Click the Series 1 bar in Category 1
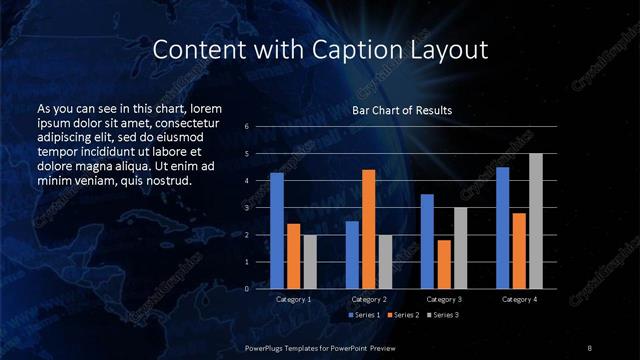tap(277, 230)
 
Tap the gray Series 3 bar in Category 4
tap(536, 221)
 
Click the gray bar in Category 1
tap(310, 261)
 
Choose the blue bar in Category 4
tap(502, 227)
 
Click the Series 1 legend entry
tap(364, 315)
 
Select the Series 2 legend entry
tap(403, 315)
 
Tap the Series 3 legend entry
tap(442, 315)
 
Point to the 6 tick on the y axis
tap(247, 127)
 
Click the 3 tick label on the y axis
tap(247, 208)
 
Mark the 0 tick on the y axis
tap(247, 289)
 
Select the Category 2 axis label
tap(369, 299)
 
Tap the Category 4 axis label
tap(519, 299)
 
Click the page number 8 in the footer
tap(590, 347)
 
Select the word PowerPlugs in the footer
tap(269, 347)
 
